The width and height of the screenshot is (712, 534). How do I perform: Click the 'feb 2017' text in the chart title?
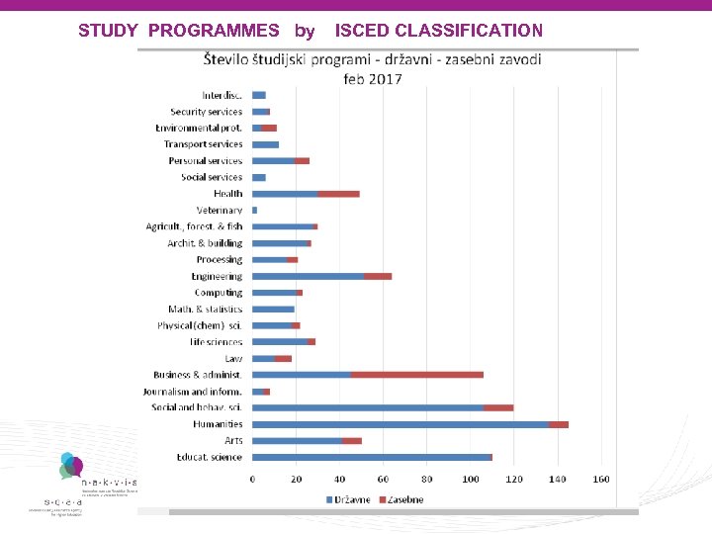373,78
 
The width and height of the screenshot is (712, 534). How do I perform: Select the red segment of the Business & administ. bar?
417,375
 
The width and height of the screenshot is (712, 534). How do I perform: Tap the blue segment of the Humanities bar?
400,424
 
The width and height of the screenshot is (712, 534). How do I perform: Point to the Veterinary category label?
220,211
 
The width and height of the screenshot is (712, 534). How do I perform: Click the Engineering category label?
217,276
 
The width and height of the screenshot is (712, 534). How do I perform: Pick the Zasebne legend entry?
400,499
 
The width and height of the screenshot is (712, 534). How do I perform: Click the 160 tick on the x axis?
600,480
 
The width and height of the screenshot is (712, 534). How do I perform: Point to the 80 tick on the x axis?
426,480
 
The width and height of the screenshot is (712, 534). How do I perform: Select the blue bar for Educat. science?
371,457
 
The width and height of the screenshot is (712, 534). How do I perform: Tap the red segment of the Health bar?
338,194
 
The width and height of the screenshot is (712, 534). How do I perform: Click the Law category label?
233,358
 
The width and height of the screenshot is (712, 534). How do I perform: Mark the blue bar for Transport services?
265,144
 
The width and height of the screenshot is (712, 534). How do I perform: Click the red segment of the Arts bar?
351,441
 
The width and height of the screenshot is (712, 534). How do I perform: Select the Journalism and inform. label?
193,392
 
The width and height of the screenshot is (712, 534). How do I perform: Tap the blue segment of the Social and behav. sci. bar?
368,407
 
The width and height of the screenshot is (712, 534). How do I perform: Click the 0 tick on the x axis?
252,480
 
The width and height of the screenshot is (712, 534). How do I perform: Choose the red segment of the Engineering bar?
378,276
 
